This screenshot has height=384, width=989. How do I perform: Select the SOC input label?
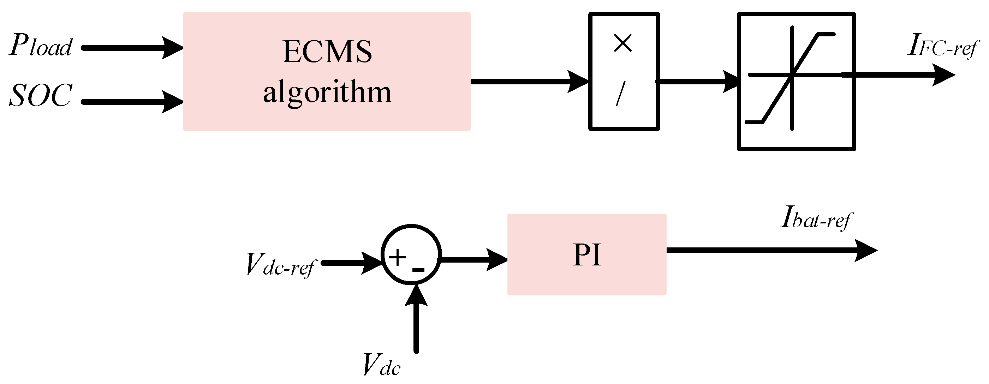pyautogui.click(x=41, y=95)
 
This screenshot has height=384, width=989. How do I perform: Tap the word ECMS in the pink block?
pyautogui.click(x=327, y=52)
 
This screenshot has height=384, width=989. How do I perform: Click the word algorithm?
pyautogui.click(x=327, y=93)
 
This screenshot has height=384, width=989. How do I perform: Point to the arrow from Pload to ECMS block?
pyautogui.click(x=131, y=48)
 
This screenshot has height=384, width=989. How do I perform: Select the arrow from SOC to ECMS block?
pyautogui.click(x=131, y=102)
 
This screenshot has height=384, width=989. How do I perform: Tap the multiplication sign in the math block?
pyautogui.click(x=623, y=43)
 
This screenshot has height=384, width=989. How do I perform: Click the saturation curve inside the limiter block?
pyautogui.click(x=791, y=77)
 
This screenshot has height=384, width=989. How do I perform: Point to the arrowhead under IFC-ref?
pyautogui.click(x=942, y=75)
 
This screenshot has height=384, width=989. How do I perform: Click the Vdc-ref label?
pyautogui.click(x=280, y=265)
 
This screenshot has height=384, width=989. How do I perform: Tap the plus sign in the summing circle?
pyautogui.click(x=397, y=257)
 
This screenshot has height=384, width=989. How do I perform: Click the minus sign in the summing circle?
pyautogui.click(x=418, y=270)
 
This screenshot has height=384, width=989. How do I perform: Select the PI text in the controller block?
pyautogui.click(x=586, y=255)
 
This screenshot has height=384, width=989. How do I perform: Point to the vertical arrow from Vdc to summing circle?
pyautogui.click(x=416, y=322)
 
